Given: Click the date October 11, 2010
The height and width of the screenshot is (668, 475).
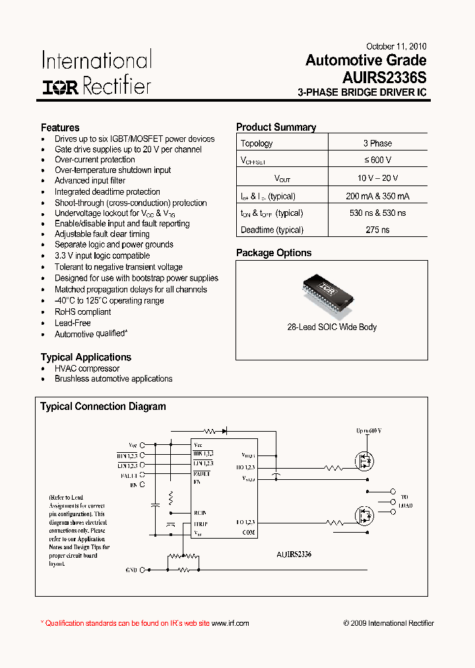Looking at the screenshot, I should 396,47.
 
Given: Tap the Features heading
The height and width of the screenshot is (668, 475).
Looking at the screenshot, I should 60,127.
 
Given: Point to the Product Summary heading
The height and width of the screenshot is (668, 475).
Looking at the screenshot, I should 276,127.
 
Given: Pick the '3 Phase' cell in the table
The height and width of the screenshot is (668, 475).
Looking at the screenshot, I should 377,143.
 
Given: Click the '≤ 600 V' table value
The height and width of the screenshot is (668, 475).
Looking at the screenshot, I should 377,160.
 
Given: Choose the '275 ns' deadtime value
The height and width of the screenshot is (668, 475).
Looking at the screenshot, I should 377,230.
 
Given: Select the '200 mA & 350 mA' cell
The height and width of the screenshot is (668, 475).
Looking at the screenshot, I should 377,196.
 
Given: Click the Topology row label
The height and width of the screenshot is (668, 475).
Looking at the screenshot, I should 257,143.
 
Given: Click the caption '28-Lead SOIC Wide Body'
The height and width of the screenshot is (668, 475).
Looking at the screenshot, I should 332,327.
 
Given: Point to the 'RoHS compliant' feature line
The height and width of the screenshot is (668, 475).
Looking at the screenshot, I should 82,312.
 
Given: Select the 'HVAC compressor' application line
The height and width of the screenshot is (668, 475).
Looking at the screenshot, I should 87,368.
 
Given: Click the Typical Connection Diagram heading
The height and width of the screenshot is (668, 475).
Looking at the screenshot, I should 103,407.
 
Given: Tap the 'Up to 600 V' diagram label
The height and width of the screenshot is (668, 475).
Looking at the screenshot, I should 369,431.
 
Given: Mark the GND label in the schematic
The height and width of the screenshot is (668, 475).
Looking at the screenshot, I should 131,570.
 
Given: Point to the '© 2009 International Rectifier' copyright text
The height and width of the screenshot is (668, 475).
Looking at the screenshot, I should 389,623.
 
